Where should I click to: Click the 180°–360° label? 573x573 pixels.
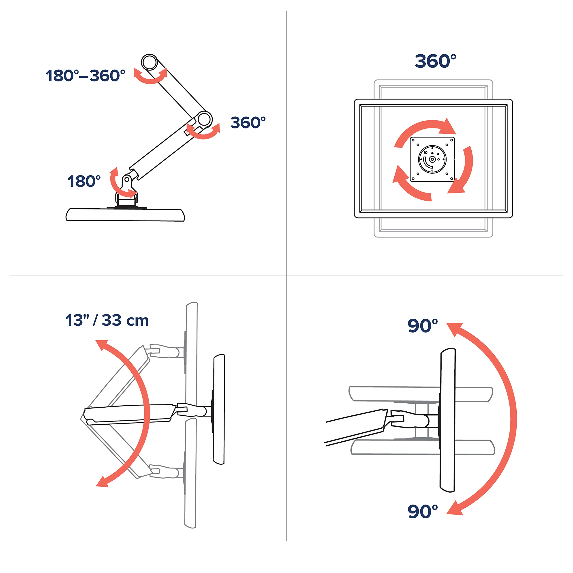[86, 76]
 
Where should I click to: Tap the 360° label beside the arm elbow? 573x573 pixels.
[248, 122]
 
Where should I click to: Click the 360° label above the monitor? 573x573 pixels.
[435, 61]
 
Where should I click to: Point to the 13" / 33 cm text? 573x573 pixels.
[107, 320]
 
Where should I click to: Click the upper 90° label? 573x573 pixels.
[423, 326]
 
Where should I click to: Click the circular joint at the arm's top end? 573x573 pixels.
[149, 62]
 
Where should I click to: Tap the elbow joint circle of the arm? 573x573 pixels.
[204, 120]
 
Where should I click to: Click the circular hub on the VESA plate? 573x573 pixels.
[432, 159]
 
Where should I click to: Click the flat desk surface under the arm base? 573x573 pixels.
[125, 215]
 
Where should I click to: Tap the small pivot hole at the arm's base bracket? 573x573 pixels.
[127, 180]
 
